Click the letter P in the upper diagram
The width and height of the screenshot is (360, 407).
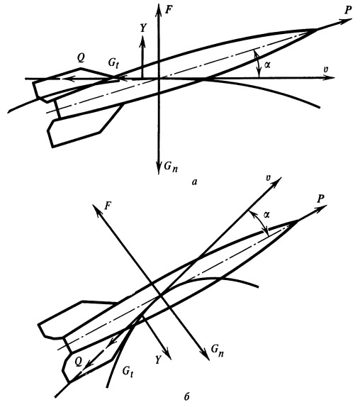[x=348, y=11]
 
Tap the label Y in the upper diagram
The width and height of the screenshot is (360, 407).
[x=143, y=28]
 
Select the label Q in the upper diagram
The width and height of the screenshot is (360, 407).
[x=81, y=58]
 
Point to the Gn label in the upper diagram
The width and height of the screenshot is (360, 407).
[x=171, y=166]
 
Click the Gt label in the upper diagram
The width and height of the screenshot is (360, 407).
[x=114, y=64]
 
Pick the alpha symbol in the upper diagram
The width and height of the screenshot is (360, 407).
[x=267, y=65]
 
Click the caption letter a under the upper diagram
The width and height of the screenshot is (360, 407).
[x=194, y=182]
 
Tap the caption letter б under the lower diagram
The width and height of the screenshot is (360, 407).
[x=186, y=397]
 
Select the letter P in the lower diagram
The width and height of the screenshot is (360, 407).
[x=320, y=199]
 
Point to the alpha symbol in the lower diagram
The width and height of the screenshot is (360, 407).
[x=266, y=214]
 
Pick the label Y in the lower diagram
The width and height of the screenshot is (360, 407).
[x=159, y=360]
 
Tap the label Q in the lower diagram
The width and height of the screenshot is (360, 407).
[x=78, y=362]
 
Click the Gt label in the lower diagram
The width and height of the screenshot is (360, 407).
[x=128, y=372]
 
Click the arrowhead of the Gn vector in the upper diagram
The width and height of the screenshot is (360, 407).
[x=158, y=168]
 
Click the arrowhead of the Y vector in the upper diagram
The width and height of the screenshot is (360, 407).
[x=142, y=40]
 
